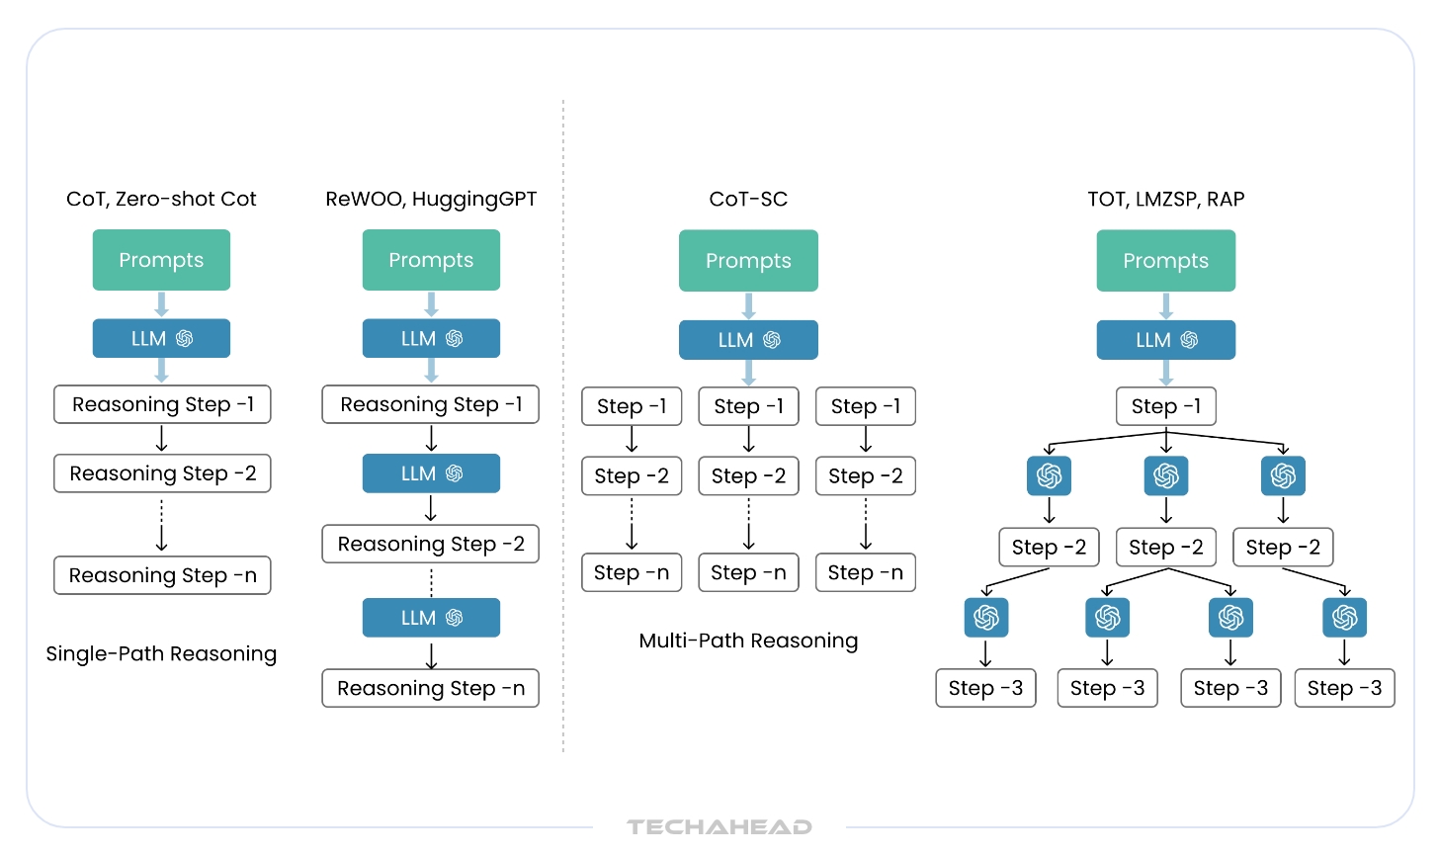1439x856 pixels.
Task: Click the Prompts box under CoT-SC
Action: tap(748, 261)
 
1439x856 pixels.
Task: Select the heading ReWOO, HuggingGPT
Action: tap(431, 199)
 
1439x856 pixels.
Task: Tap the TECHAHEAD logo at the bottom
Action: tap(719, 827)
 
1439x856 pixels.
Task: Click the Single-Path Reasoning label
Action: tap(161, 653)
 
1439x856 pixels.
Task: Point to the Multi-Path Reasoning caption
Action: tap(748, 641)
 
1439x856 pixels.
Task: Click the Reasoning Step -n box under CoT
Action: tap(162, 575)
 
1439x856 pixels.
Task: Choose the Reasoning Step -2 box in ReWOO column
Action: tap(431, 544)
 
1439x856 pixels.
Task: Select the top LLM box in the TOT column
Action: tap(1165, 340)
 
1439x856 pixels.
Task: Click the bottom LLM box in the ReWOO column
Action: tap(431, 618)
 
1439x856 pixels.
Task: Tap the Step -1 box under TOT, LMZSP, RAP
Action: tap(1165, 406)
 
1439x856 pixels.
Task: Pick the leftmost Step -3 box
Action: tap(985, 688)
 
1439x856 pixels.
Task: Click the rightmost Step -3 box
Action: tap(1344, 688)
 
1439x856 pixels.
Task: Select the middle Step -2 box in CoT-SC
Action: tap(748, 476)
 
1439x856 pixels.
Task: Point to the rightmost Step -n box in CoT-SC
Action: tap(865, 572)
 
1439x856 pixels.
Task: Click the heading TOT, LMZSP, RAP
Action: tap(1165, 199)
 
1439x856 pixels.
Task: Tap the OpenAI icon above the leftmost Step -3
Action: tap(986, 618)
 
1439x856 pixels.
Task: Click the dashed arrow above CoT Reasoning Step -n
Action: tap(162, 525)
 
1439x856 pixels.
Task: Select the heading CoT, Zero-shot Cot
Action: tap(161, 199)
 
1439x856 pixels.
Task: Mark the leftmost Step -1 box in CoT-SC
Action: tap(632, 406)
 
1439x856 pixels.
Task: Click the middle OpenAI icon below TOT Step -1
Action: tap(1166, 476)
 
